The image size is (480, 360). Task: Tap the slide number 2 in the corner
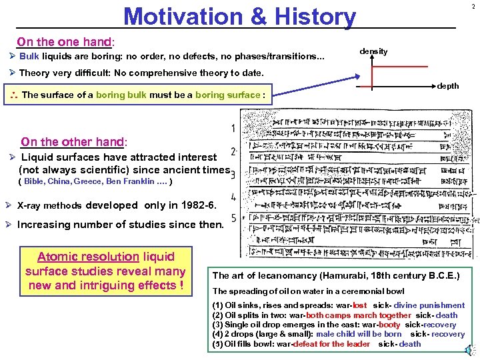[x=473, y=7]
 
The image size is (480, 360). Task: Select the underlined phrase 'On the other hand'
[x=73, y=141]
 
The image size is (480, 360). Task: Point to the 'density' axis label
[x=373, y=51]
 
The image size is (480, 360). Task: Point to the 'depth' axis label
[x=447, y=86]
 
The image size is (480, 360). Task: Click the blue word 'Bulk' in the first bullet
[x=29, y=56]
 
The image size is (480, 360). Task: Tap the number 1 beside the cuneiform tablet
[x=233, y=128]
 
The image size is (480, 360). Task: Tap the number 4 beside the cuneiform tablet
[x=233, y=197]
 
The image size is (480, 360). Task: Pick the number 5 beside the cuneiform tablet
[x=233, y=218]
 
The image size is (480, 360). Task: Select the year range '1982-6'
[x=199, y=205]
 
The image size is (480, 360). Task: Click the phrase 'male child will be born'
[x=359, y=334]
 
